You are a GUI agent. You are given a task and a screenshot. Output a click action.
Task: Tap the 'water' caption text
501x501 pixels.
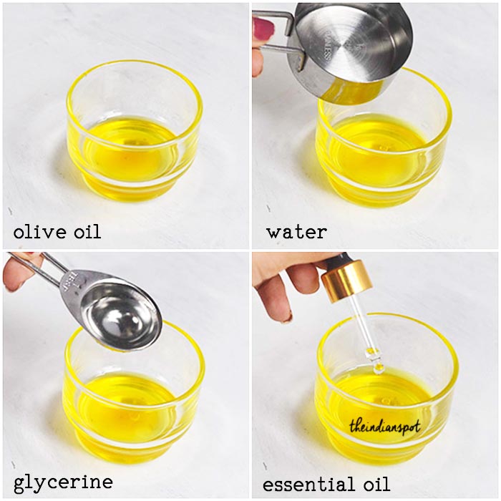297,232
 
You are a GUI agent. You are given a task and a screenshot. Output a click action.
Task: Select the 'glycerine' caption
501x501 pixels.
63,483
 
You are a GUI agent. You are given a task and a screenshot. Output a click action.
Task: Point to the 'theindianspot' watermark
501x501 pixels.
385,427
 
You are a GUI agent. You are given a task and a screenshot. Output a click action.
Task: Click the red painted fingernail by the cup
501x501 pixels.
264,28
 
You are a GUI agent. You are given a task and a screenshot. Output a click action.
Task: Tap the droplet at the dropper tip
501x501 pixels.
379,368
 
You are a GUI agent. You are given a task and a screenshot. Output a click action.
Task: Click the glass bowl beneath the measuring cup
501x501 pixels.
384,140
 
